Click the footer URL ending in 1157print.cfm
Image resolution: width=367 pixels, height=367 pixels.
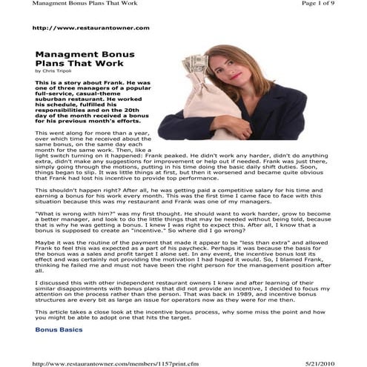(105, 363)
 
